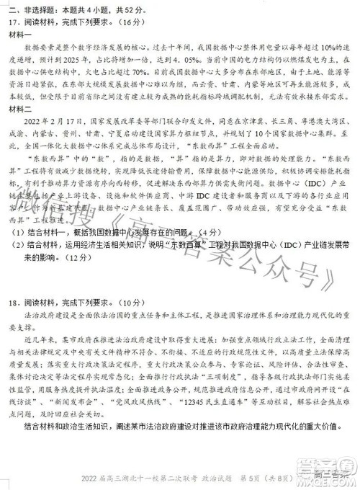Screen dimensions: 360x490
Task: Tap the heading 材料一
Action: point(20,34)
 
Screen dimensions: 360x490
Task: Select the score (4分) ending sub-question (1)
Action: point(206,233)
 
